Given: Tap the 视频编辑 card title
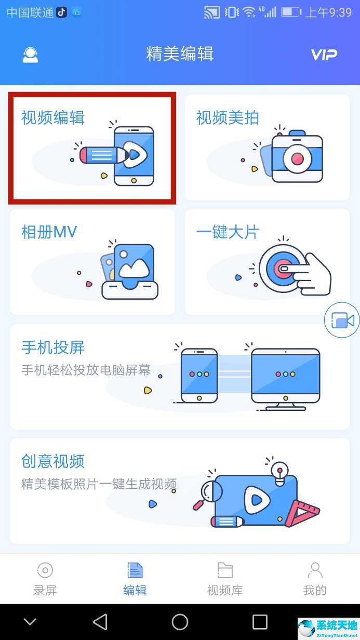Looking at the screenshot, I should [x=52, y=118].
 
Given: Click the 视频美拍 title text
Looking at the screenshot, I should [x=228, y=118].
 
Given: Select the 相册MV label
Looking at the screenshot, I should [x=49, y=232].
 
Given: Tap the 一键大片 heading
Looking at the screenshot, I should [x=228, y=232].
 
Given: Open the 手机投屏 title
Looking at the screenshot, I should [x=52, y=347].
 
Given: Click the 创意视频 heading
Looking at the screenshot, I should [x=52, y=461].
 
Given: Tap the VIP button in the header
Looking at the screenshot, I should [x=324, y=55].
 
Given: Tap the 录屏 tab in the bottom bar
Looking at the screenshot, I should [x=45, y=578].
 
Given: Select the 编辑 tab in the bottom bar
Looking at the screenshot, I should [x=135, y=578].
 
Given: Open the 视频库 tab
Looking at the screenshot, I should [x=224, y=578].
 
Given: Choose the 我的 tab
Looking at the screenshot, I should [x=315, y=578].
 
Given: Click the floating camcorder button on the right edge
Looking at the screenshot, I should [x=342, y=321].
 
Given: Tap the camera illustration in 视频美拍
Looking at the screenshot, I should [x=297, y=155].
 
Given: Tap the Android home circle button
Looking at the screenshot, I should [x=180, y=622].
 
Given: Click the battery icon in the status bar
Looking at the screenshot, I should [x=291, y=12].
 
